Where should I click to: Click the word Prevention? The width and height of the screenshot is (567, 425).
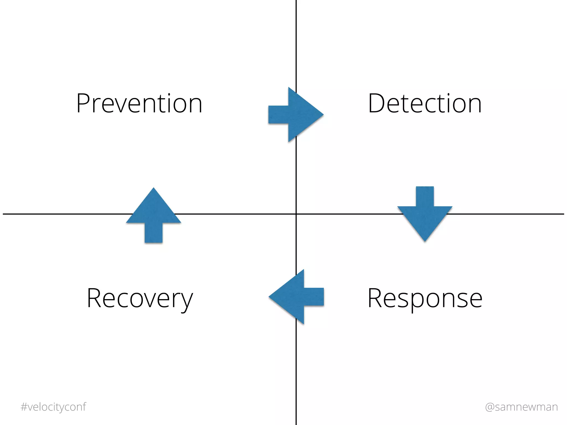pyautogui.click(x=139, y=103)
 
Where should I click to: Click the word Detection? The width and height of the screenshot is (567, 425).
pyautogui.click(x=425, y=103)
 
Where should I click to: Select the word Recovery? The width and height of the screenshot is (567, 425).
pyautogui.click(x=140, y=299)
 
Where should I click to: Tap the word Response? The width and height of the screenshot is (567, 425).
pyautogui.click(x=425, y=299)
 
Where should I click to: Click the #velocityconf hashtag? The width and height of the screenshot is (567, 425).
pyautogui.click(x=53, y=407)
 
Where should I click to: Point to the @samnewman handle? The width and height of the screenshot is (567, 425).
pyautogui.click(x=521, y=407)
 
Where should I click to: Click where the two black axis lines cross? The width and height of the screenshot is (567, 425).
pyautogui.click(x=296, y=214)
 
